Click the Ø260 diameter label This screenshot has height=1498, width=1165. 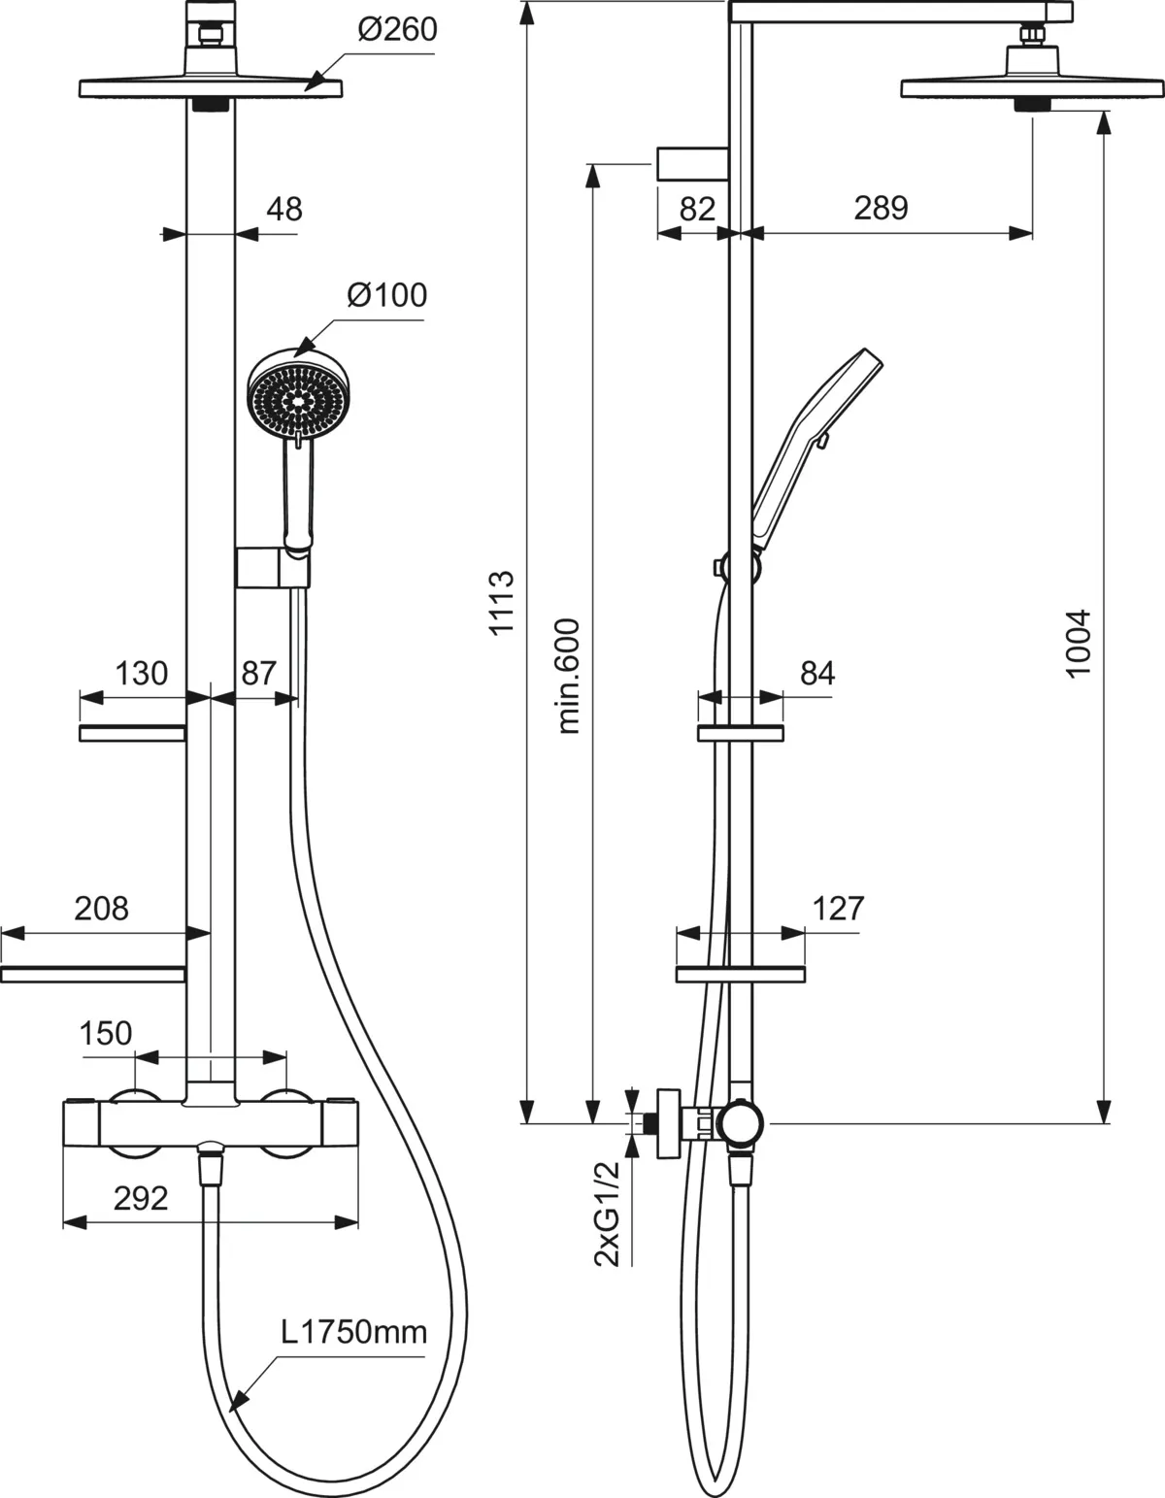pyautogui.click(x=397, y=29)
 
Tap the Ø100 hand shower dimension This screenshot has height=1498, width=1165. pyautogui.click(x=386, y=293)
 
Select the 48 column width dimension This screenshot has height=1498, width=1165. pyautogui.click(x=283, y=209)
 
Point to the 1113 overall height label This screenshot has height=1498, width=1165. pyautogui.click(x=501, y=603)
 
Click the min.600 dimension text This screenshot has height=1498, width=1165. pyautogui.click(x=568, y=675)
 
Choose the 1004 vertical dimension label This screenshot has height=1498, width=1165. pyautogui.click(x=1079, y=643)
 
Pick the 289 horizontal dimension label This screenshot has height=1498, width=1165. pyautogui.click(x=881, y=208)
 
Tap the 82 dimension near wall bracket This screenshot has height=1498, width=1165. pyautogui.click(x=696, y=208)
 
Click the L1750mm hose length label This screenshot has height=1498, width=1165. pyautogui.click(x=354, y=1331)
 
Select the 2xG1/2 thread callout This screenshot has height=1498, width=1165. pyautogui.click(x=607, y=1214)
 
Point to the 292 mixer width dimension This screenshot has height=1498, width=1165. pyautogui.click(x=141, y=1198)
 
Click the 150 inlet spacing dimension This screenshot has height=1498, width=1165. pyautogui.click(x=105, y=1032)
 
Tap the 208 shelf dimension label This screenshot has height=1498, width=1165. pyautogui.click(x=101, y=908)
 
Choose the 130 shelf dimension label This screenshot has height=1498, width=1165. pyautogui.click(x=141, y=672)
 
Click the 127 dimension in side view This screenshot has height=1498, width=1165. pyautogui.click(x=837, y=908)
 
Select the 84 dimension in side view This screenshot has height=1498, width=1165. pyautogui.click(x=817, y=672)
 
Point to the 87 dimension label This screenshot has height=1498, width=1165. pyautogui.click(x=258, y=672)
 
